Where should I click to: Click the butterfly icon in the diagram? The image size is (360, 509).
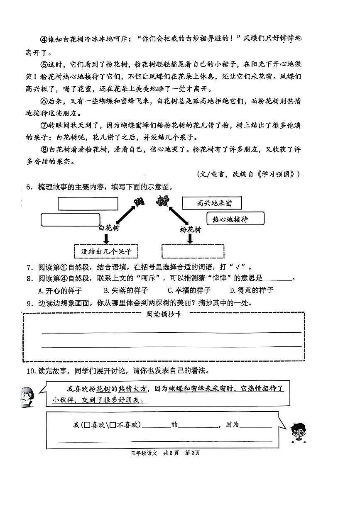click(139, 202)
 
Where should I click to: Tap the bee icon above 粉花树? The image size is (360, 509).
click(162, 201)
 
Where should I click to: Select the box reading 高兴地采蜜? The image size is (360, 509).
click(212, 203)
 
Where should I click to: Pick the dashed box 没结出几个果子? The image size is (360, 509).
click(106, 251)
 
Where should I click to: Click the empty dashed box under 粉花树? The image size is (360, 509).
click(193, 251)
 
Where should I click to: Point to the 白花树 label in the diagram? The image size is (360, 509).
click(109, 228)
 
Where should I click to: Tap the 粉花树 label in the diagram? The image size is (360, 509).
click(190, 229)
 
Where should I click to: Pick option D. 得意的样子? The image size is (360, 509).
click(252, 290)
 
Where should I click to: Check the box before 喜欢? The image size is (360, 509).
click(87, 425)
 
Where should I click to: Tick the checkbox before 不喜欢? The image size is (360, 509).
click(113, 425)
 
